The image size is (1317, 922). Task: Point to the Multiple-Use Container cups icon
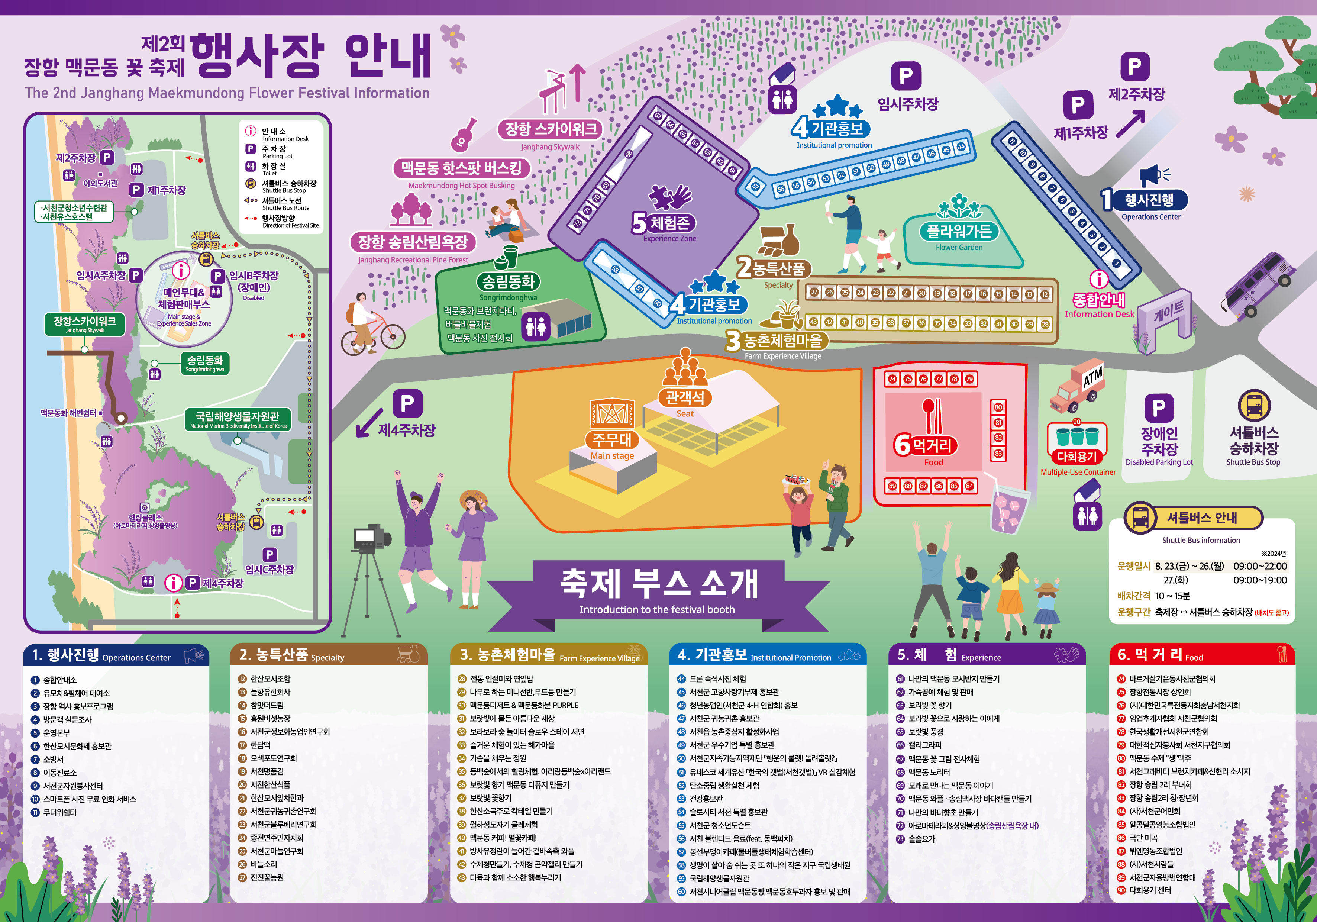point(1077,436)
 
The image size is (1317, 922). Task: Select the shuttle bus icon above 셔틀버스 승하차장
point(1254,405)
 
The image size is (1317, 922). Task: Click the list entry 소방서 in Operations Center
point(54,759)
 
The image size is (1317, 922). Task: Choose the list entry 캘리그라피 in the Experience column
point(925,745)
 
